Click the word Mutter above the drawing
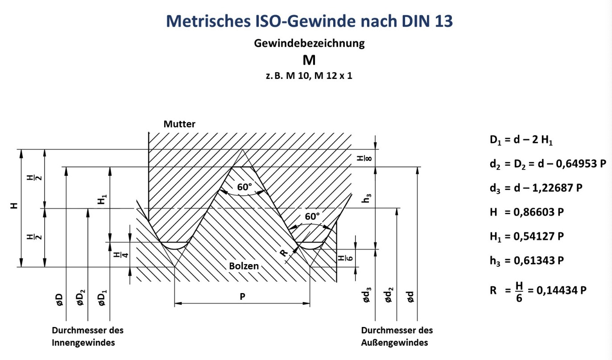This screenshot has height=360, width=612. [x=179, y=124]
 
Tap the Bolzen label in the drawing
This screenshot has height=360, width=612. [x=244, y=266]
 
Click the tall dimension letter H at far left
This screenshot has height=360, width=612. [x=15, y=206]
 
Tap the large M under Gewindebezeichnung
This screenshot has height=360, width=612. [x=309, y=60]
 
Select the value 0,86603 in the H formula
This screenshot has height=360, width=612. [x=533, y=212]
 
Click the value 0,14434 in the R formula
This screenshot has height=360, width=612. [x=557, y=290]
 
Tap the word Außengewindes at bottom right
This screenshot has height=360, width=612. [x=394, y=343]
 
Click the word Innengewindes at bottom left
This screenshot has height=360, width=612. [x=84, y=343]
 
